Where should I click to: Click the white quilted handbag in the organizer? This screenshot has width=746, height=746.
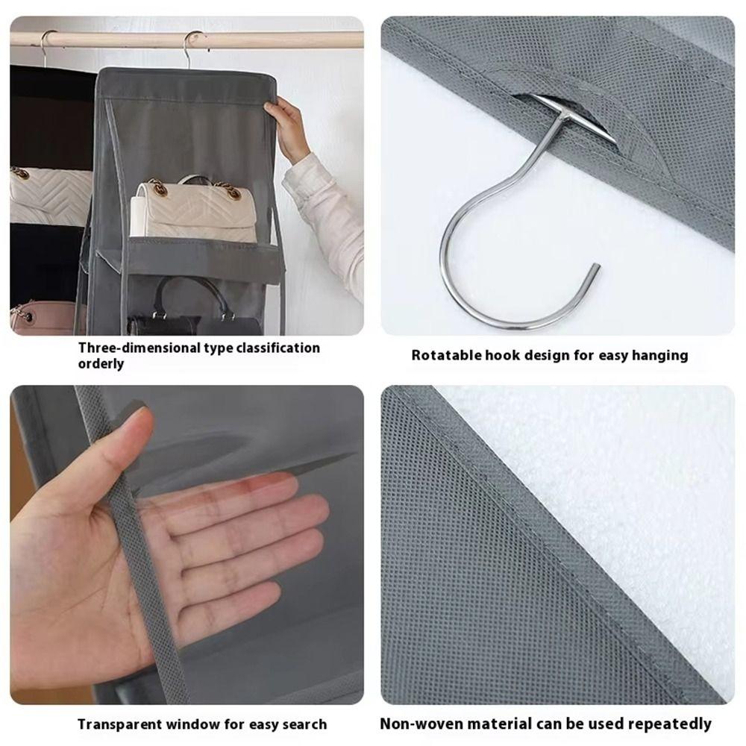[194, 213]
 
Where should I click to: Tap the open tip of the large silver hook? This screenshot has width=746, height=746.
[594, 269]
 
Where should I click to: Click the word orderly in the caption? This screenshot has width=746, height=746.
[101, 364]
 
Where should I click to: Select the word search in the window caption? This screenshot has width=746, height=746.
[305, 724]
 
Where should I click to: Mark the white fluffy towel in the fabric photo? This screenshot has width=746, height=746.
[597, 507]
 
